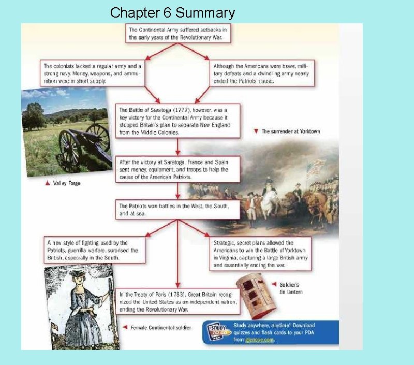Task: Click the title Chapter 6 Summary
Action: pyautogui.click(x=172, y=12)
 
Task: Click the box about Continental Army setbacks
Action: pyautogui.click(x=178, y=34)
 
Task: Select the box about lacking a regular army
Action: pyautogui.click(x=94, y=74)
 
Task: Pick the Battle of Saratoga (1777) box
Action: pyautogui.click(x=178, y=121)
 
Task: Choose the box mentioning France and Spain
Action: pyautogui.click(x=178, y=169)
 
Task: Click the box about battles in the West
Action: pyautogui.click(x=178, y=209)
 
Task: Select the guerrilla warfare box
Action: pyautogui.click(x=94, y=250)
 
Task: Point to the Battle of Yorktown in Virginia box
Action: pyautogui.click(x=260, y=254)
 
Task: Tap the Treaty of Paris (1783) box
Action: pyautogui.click(x=178, y=301)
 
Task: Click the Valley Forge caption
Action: pyautogui.click(x=64, y=183)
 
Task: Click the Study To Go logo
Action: pyautogui.click(x=218, y=332)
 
